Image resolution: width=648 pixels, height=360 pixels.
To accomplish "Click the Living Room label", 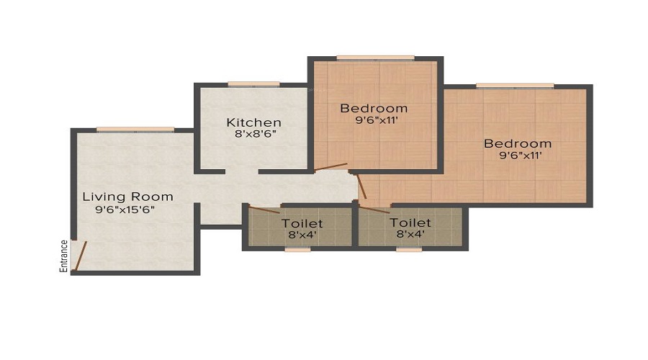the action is [127, 197].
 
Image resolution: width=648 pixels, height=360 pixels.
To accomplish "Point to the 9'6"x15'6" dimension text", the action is [125, 210].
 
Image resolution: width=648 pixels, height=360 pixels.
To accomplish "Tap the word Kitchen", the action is [253, 122].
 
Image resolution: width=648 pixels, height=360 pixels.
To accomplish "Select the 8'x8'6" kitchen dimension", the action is [255, 134].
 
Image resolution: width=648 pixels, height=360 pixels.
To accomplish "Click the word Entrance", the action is [63, 256].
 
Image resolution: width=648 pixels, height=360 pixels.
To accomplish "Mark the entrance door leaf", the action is [80, 256].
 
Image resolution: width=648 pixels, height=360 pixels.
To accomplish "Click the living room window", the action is [135, 130].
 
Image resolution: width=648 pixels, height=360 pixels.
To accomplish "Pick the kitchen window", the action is [253, 84].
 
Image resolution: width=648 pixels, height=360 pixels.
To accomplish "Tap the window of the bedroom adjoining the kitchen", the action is [375, 58].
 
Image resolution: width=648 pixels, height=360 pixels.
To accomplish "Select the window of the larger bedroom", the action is [515, 86].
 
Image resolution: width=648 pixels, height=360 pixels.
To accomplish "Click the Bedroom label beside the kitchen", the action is [374, 108].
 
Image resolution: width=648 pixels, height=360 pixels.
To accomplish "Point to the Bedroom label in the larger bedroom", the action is [518, 144].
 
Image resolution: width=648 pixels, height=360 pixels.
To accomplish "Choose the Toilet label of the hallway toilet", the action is [302, 224].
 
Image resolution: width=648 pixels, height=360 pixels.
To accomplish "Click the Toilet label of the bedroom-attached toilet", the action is [410, 222].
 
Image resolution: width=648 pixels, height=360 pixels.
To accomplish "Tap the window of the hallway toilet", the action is [297, 249].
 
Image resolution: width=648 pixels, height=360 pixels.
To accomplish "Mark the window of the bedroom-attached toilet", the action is [409, 249].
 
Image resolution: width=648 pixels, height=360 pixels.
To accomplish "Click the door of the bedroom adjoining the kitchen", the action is [330, 166].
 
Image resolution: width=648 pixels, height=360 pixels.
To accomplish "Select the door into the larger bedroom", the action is [361, 186].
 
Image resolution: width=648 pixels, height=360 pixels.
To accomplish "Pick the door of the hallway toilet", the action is [264, 209].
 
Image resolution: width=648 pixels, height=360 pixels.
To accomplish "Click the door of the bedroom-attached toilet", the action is [374, 210].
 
